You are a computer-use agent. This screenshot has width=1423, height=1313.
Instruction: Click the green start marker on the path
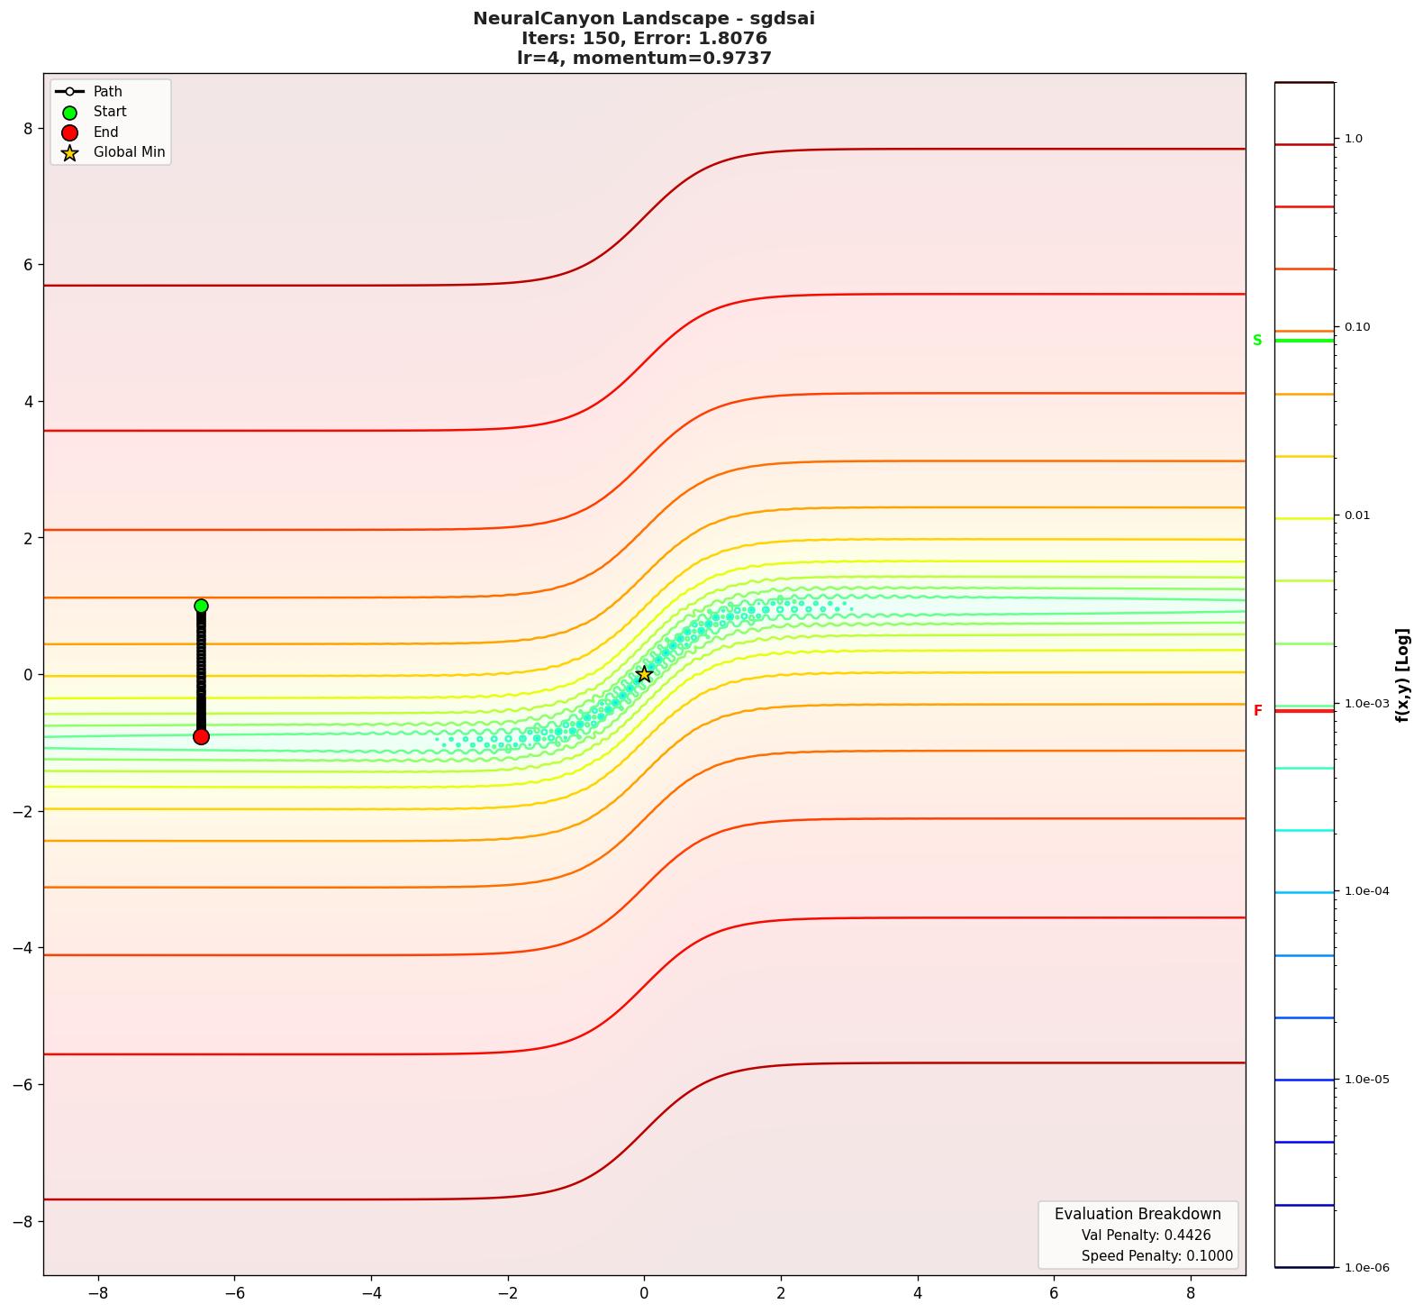pyautogui.click(x=201, y=606)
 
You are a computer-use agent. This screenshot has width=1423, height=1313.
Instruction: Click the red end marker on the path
pyautogui.click(x=201, y=736)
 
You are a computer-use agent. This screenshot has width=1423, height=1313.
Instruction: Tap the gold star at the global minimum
pyautogui.click(x=644, y=674)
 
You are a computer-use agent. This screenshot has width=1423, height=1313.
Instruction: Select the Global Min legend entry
pyautogui.click(x=129, y=152)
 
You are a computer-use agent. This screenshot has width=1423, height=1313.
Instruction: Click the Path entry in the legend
pyautogui.click(x=107, y=92)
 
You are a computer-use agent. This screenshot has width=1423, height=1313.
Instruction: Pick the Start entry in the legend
pyautogui.click(x=110, y=112)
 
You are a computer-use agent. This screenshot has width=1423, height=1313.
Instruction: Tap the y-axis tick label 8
pyautogui.click(x=28, y=128)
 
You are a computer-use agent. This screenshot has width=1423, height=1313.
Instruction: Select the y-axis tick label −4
pyautogui.click(x=23, y=947)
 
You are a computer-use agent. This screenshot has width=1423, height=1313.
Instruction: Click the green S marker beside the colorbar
pyautogui.click(x=1257, y=341)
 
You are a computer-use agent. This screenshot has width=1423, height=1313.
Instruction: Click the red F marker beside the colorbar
pyautogui.click(x=1257, y=711)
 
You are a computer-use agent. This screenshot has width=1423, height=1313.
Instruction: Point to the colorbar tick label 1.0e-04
pyautogui.click(x=1366, y=891)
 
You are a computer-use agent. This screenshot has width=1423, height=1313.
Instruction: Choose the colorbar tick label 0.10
pyautogui.click(x=1357, y=327)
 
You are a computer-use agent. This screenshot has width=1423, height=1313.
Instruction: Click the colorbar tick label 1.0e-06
pyautogui.click(x=1366, y=1268)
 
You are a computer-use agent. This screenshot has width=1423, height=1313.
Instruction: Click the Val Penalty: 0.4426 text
pyautogui.click(x=1146, y=1235)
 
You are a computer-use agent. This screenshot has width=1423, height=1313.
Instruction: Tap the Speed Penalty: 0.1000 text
pyautogui.click(x=1156, y=1256)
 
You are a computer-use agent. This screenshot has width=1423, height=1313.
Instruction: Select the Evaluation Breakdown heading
pyautogui.click(x=1137, y=1214)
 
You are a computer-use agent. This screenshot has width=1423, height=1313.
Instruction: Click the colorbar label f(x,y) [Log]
pyautogui.click(x=1402, y=675)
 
